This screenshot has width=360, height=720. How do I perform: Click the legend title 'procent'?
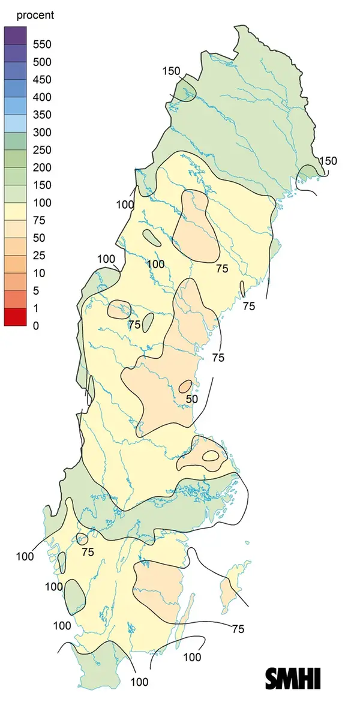pos(35,15)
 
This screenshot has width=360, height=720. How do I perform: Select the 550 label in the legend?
pos(43,44)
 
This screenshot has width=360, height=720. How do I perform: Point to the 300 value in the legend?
pos(43,133)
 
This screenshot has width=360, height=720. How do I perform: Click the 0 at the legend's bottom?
pos(36,326)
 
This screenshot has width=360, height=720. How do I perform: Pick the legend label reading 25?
pos(40,256)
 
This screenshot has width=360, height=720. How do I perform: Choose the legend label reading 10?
pos(40,273)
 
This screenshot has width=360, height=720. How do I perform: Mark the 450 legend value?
pos(43,80)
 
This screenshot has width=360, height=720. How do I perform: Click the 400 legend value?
pos(43,97)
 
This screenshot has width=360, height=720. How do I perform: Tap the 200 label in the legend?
pos(43,167)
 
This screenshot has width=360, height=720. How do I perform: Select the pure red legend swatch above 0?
pos(16,317)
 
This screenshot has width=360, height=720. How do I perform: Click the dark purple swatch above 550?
pos(16,35)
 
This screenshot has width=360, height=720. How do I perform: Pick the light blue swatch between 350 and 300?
pos(16,124)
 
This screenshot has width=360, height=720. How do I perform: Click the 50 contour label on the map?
pos(191,398)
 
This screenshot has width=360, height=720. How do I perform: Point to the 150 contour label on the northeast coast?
pos(328,161)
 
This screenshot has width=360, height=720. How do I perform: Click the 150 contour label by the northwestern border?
pos(171,71)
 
